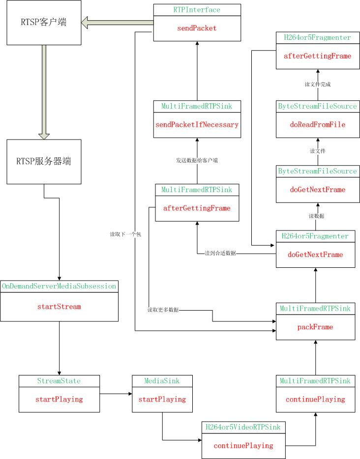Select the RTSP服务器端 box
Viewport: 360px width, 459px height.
[x=44, y=162]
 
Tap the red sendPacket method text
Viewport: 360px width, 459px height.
[x=197, y=28]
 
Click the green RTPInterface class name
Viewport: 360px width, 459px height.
[x=197, y=10]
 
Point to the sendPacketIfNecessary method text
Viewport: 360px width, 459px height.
[x=197, y=124]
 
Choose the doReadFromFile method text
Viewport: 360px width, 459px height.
[x=317, y=124]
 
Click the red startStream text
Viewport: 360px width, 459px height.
[x=59, y=307]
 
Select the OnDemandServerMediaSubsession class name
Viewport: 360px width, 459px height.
[x=59, y=286]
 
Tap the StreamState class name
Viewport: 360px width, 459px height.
[x=59, y=381]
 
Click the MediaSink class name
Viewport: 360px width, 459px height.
[x=162, y=381]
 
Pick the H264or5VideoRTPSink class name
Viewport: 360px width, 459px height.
[x=243, y=427]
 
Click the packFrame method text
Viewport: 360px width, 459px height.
[x=315, y=326]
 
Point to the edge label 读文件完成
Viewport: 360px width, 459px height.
[x=317, y=84]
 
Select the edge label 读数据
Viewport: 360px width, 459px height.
[x=317, y=216]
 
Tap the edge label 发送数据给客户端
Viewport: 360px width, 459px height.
[x=197, y=160]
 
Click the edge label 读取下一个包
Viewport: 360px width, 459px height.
[x=125, y=234]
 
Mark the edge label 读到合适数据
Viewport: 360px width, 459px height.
[x=220, y=253]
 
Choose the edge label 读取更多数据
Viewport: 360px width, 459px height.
[x=163, y=310]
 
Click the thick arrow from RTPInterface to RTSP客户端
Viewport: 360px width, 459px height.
[x=118, y=21]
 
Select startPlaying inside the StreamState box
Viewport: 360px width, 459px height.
[x=59, y=399]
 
